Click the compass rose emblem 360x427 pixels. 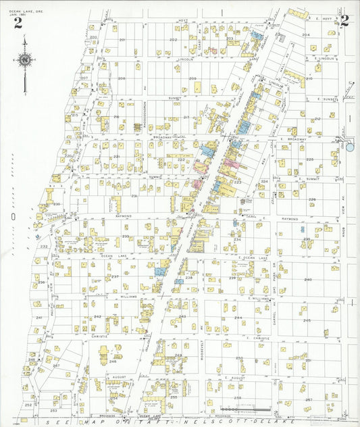pos(25,60)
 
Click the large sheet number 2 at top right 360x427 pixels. pos(344,20)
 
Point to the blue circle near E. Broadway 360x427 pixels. pos(349,147)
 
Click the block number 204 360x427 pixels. pos(305,34)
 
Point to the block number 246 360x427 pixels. pos(112,361)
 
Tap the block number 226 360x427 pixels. pos(312,199)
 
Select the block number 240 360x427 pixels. pos(308,279)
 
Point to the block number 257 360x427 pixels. pos(308,400)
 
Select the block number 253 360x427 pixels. pos(53,410)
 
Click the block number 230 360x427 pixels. pos(57,204)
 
